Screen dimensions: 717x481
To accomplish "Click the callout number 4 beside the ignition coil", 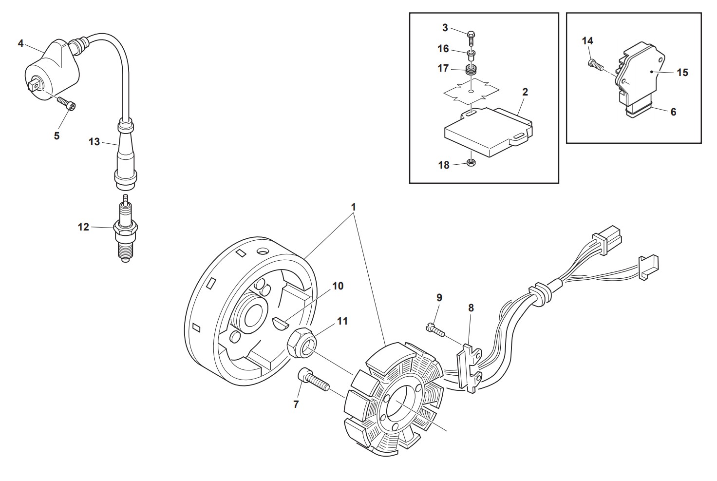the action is (x=21, y=43).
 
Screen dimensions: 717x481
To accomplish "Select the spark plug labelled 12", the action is (x=126, y=229).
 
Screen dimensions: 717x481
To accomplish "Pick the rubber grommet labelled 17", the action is (x=470, y=70).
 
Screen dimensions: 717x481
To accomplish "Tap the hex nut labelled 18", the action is (x=471, y=162).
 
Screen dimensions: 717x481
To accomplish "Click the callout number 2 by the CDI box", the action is (x=525, y=92).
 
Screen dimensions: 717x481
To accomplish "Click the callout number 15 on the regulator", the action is (x=682, y=73).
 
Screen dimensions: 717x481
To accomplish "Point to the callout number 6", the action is (x=673, y=112).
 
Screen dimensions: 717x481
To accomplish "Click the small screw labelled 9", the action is (x=435, y=330).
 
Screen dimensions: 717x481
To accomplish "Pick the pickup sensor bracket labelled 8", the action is (x=469, y=368).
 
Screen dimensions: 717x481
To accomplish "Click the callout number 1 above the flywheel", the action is (x=353, y=207).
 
